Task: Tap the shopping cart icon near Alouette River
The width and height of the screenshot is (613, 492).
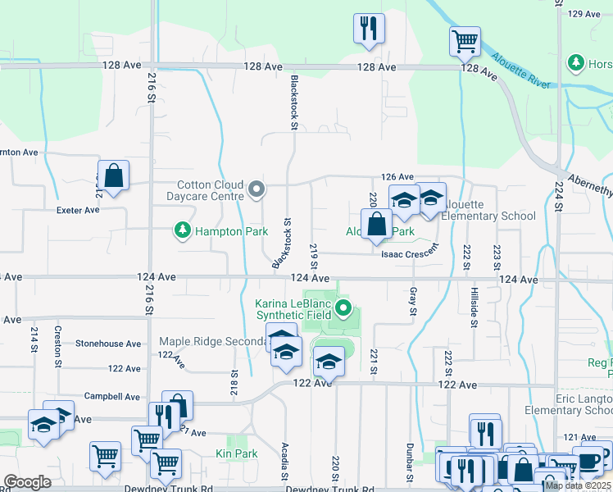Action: pyautogui.click(x=465, y=40)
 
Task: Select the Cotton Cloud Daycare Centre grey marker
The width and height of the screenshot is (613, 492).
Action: pyautogui.click(x=257, y=190)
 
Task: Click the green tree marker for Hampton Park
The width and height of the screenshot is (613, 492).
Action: pyautogui.click(x=181, y=231)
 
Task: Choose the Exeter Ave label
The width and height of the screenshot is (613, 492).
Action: pyautogui.click(x=78, y=210)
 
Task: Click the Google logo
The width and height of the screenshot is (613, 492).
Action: pyautogui.click(x=27, y=482)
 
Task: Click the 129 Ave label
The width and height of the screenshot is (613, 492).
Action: pyautogui.click(x=585, y=14)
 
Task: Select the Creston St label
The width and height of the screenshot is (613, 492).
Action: pyautogui.click(x=58, y=346)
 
